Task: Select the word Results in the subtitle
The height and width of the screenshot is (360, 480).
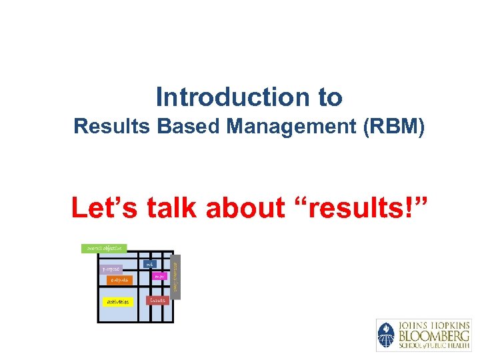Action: (113, 126)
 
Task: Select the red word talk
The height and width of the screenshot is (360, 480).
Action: (172, 208)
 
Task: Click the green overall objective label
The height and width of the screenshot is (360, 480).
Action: (104, 248)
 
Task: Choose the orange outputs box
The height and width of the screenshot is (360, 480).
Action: (119, 280)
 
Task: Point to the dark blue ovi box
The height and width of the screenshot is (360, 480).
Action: (150, 264)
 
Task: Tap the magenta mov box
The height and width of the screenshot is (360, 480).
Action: (159, 275)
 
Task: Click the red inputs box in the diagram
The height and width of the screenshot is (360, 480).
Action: (158, 301)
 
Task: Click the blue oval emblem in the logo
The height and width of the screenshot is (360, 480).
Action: (386, 335)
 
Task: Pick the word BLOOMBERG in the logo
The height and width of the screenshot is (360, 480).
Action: (431, 335)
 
